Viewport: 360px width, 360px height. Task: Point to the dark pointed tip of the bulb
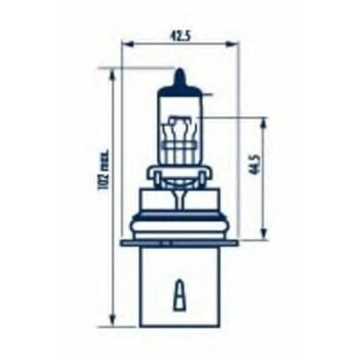pyautogui.click(x=179, y=76)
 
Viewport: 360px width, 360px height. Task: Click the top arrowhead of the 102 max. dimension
pyautogui.click(x=112, y=72)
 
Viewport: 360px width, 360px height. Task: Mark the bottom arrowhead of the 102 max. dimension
pyautogui.click(x=112, y=323)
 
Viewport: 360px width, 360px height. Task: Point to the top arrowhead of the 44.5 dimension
pyautogui.click(x=263, y=121)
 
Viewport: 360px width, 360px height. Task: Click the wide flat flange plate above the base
pyautogui.click(x=179, y=242)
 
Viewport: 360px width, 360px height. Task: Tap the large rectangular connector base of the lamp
pyautogui.click(x=179, y=284)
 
